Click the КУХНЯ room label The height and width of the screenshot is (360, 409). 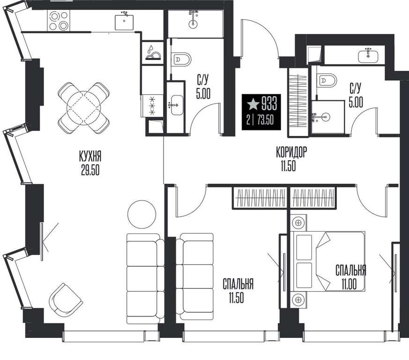pos(90,157)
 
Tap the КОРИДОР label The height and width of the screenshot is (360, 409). pos(291,152)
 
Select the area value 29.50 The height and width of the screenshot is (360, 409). pos(90,170)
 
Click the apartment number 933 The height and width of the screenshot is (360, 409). pos(269,103)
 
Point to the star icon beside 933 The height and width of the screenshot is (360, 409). pos(253,104)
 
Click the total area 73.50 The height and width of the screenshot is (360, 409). pos(265,120)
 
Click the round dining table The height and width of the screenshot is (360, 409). pos(83,108)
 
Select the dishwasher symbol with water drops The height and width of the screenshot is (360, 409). pos(152,52)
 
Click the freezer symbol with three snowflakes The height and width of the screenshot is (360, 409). pos(152,106)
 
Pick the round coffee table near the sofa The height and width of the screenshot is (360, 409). pos(141,215)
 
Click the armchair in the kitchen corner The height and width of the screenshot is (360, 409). pos(66,300)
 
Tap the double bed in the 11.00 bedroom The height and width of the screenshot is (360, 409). pos(327,261)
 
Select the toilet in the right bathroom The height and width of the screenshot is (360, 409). pos(327,80)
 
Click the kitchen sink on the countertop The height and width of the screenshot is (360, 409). pos(124,22)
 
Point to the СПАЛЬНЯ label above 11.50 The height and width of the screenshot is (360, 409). pos(238,284)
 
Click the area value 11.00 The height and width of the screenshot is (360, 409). pos(349,284)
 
